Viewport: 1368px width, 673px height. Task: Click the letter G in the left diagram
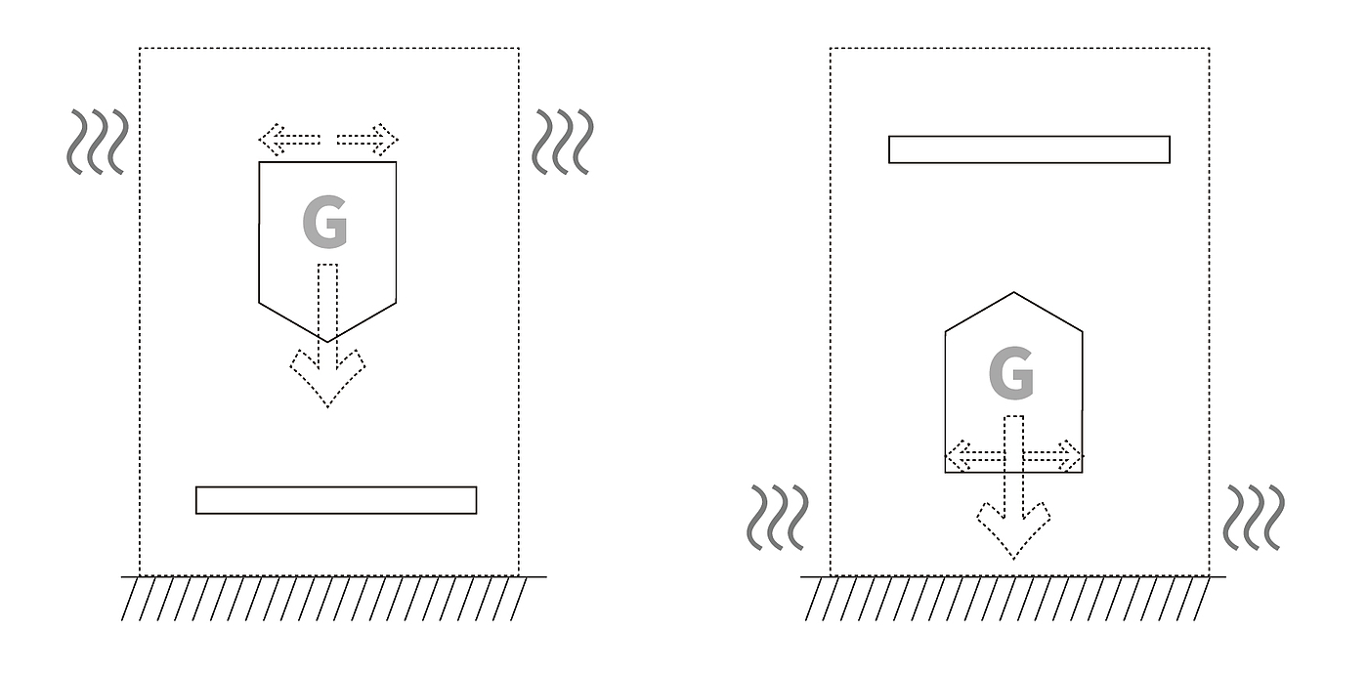(324, 223)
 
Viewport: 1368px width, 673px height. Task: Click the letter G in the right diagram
(1011, 375)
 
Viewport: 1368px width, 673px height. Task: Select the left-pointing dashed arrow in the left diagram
(289, 140)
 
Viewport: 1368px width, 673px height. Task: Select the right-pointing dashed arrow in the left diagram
(368, 140)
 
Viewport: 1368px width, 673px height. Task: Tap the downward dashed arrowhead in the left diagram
(327, 381)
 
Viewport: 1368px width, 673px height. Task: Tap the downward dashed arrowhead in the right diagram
(1013, 532)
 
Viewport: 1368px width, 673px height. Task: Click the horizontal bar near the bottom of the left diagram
(336, 500)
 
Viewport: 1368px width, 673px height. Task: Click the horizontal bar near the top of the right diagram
(1029, 149)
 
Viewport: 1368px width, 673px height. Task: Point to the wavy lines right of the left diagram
(562, 142)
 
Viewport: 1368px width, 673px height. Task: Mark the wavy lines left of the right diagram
(778, 518)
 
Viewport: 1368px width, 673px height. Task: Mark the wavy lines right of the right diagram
(1254, 518)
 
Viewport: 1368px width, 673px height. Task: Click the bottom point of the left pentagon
(327, 342)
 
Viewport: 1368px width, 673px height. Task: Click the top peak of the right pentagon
(1013, 292)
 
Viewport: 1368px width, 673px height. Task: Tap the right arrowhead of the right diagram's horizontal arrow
(1072, 456)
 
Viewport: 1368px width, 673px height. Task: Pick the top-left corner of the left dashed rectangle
(140, 48)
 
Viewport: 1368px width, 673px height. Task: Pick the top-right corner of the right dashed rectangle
(1209, 48)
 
